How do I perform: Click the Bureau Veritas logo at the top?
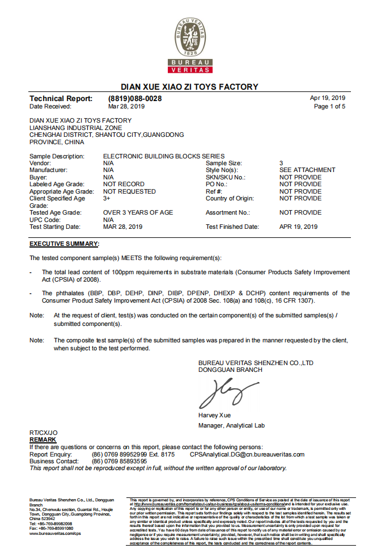click(x=190, y=45)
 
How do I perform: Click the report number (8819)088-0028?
click(x=134, y=98)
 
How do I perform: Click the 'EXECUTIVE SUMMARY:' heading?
click(x=64, y=244)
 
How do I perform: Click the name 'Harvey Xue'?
click(x=215, y=415)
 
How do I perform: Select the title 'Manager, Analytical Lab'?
click(x=231, y=425)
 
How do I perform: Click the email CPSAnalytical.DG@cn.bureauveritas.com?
click(x=247, y=454)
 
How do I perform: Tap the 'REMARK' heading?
click(x=43, y=440)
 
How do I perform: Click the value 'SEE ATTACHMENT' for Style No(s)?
click(x=307, y=170)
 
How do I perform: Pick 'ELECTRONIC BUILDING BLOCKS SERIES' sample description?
click(x=164, y=156)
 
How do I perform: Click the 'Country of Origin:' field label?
click(x=231, y=198)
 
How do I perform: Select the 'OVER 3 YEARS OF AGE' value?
click(x=138, y=212)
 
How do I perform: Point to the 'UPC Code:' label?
click(x=45, y=220)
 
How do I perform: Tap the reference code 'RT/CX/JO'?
click(x=44, y=433)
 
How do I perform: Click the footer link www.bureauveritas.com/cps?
click(x=55, y=534)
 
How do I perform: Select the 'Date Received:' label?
click(x=50, y=106)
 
